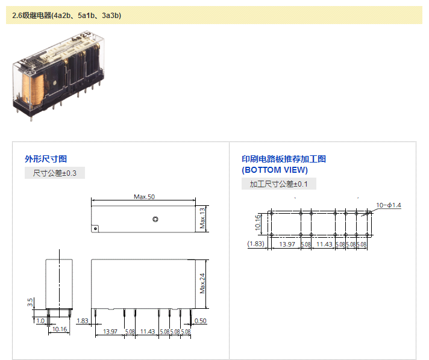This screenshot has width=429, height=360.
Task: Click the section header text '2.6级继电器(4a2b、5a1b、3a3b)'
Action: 66,15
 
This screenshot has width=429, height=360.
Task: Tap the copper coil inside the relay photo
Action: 33,88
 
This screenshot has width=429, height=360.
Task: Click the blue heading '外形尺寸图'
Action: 46,159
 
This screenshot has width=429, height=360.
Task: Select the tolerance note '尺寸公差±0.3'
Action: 55,173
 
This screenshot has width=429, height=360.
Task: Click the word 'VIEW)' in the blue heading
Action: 296,170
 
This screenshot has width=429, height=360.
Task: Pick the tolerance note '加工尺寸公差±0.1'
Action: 278,184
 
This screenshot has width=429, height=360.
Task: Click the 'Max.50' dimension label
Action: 144,196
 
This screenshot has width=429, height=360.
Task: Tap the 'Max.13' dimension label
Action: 202,218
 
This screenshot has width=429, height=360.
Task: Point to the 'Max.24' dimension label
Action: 202,283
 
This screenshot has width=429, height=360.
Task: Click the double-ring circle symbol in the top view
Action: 155,219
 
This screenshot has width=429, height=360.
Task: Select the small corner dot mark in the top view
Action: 95,229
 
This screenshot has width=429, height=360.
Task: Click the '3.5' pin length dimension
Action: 30,302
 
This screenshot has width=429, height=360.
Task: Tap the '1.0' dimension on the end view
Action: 40,321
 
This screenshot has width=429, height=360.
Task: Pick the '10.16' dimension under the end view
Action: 60,329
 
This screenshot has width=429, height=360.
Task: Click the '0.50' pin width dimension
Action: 200,321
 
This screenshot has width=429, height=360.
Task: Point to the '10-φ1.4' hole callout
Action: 389,205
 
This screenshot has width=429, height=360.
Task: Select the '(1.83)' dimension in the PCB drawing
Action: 256,244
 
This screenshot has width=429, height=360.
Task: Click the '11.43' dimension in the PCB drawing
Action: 324,244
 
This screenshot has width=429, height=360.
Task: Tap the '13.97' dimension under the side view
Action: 110,332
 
